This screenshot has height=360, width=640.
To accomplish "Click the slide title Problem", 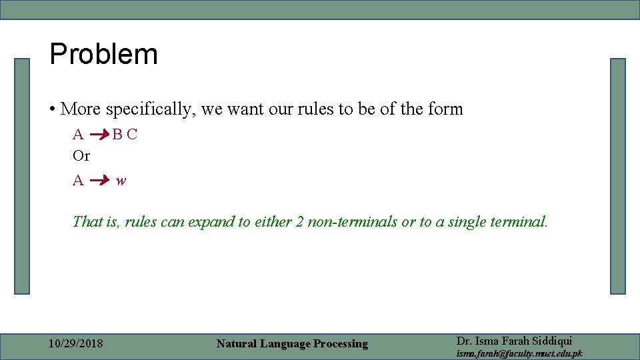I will [x=103, y=55].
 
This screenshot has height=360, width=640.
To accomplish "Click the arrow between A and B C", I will [x=99, y=135].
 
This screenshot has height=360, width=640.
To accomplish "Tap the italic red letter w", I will [x=121, y=181].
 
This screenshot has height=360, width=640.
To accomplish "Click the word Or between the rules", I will [x=81, y=156].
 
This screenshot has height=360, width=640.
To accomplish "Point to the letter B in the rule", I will [x=117, y=134].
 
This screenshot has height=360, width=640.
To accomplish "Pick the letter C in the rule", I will [x=132, y=134].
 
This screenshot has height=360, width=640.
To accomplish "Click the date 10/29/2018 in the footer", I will [x=76, y=344].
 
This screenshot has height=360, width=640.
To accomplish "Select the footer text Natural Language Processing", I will [x=292, y=344].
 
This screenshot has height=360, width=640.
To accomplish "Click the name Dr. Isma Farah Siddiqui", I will [x=514, y=341].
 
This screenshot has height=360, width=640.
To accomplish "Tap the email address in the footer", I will [x=519, y=353].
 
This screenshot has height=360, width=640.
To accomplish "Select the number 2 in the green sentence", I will [x=300, y=222].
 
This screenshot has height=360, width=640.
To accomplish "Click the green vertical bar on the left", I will [x=23, y=176].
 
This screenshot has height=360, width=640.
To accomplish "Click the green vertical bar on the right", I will [x=618, y=176].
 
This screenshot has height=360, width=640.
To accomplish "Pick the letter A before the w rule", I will [x=78, y=180].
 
